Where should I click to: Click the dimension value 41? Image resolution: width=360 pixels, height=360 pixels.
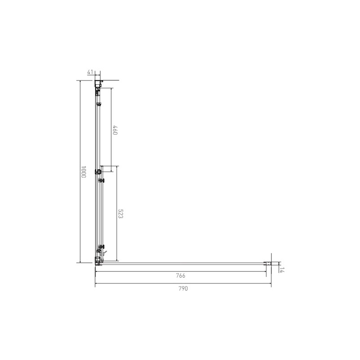click(x=90, y=72)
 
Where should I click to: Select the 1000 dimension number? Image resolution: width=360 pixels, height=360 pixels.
click(x=83, y=172)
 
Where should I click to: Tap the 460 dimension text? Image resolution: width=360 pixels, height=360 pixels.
click(x=115, y=130)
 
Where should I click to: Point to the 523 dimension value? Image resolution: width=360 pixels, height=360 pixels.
click(x=121, y=214)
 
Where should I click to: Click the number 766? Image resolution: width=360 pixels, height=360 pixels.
click(x=181, y=275)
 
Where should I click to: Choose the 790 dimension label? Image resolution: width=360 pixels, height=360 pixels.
click(x=183, y=288)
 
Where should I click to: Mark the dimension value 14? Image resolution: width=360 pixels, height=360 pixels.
click(x=282, y=270)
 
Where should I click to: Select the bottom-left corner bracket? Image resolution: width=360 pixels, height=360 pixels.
click(x=98, y=261)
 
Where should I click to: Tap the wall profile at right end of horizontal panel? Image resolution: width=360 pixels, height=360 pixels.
click(x=268, y=264)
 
